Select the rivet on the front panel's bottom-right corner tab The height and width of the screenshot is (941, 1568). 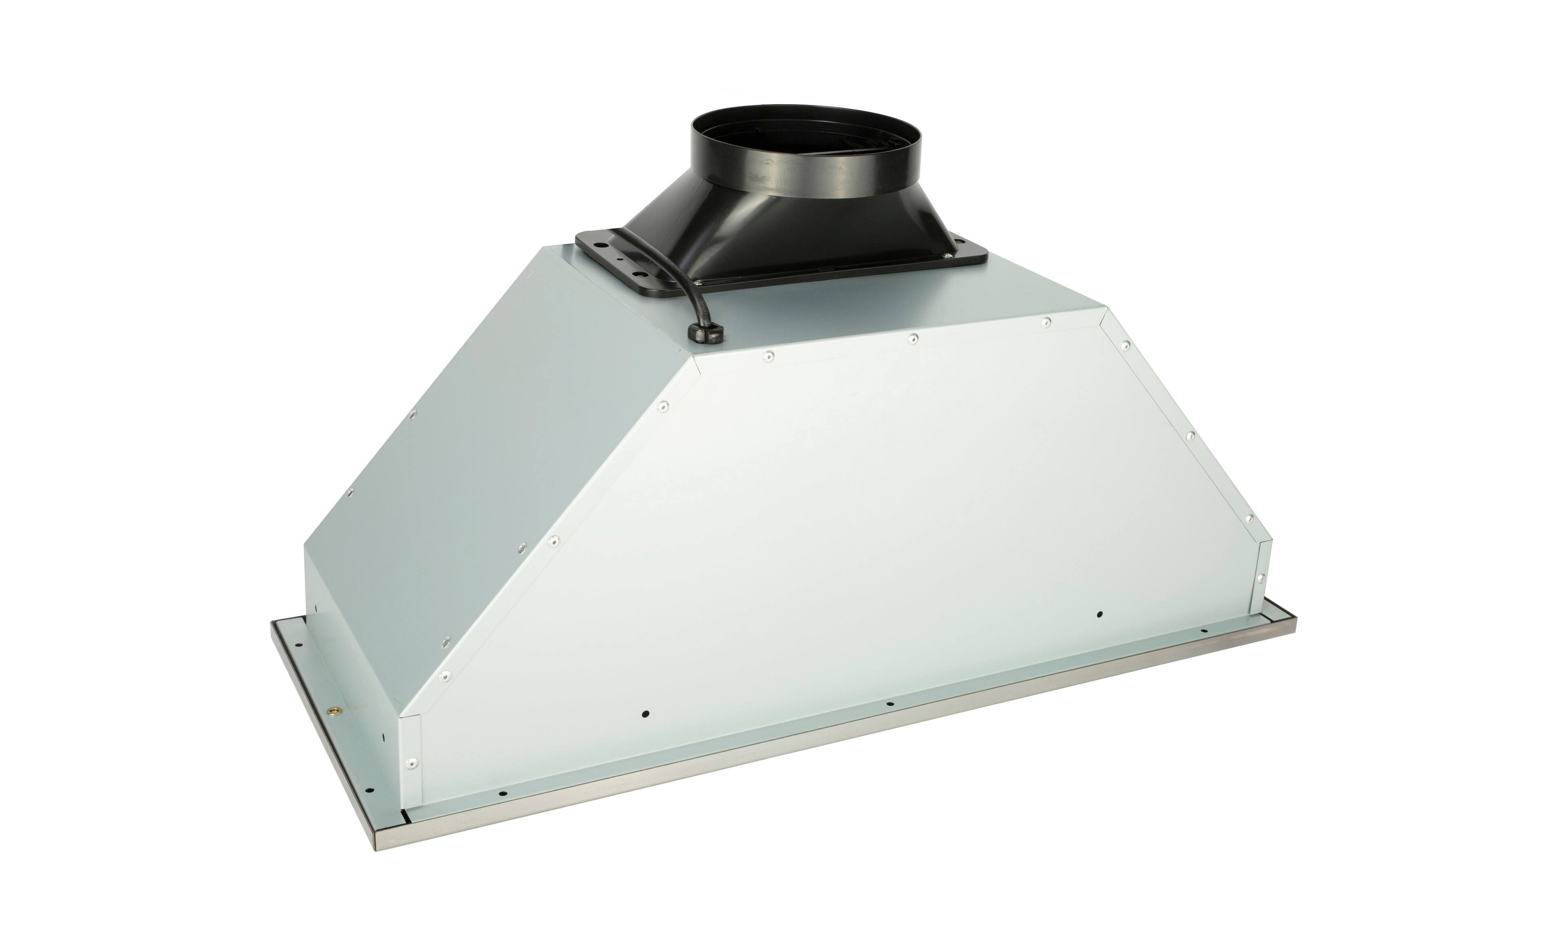pos(1261,577)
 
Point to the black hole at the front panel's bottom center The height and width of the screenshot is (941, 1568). pos(889,704)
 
